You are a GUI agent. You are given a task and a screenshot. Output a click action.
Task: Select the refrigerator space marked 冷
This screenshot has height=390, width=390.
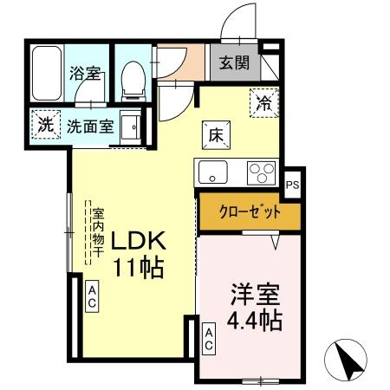263,101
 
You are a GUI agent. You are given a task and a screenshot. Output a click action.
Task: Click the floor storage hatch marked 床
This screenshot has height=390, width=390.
216,135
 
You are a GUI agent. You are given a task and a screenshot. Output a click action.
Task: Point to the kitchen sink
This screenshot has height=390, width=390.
212,172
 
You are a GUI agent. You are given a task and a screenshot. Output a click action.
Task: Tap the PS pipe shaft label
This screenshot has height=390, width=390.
292,185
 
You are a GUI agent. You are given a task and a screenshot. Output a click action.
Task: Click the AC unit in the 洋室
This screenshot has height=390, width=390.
209,339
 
